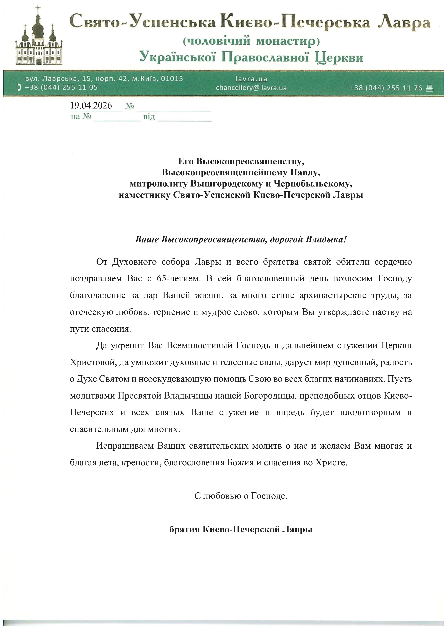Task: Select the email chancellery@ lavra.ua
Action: pyautogui.click(x=251, y=88)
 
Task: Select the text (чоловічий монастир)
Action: pyautogui.click(x=251, y=41)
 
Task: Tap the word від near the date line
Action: pyautogui.click(x=149, y=117)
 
